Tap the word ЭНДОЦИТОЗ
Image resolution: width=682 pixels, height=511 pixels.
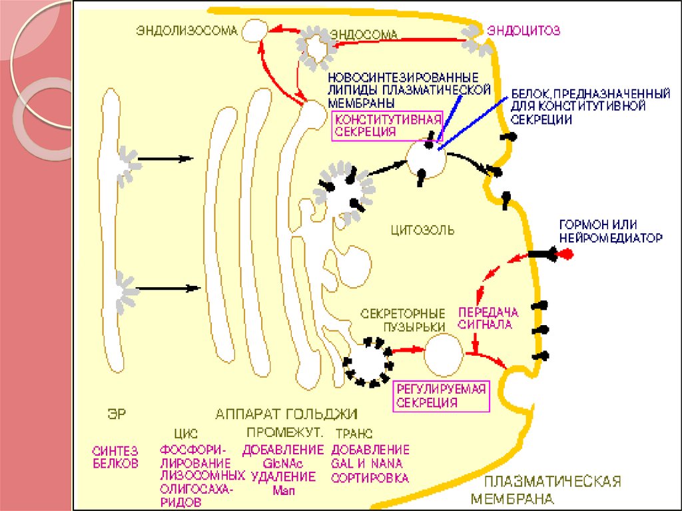pos(523,30)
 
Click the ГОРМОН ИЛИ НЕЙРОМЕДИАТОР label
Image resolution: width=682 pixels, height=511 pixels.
pos(611,231)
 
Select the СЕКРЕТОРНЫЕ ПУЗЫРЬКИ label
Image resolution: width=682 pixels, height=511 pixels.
pos(402,319)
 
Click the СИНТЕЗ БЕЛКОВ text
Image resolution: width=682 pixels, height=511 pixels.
pos(114,457)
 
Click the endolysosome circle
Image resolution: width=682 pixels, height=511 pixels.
pos(254,30)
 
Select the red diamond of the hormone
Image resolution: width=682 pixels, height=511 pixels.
pos(567,254)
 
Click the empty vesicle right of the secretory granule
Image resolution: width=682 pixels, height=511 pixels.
pos(444,353)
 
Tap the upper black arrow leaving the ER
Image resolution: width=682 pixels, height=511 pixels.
pos(167,159)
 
